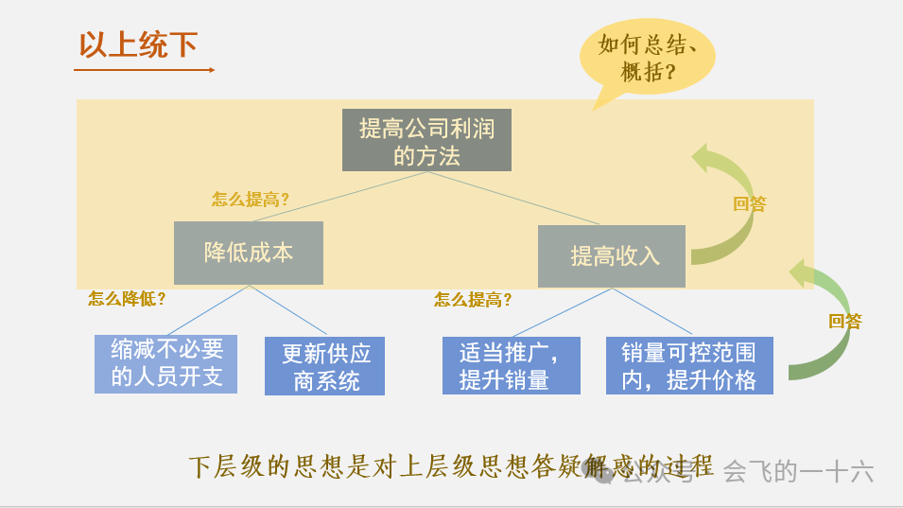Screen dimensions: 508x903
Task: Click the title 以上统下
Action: [137, 44]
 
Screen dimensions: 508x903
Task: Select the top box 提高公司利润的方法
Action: [426, 140]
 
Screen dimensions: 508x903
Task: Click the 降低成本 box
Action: [249, 253]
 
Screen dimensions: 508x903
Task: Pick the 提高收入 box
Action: [612, 255]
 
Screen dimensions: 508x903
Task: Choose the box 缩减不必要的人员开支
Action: [166, 363]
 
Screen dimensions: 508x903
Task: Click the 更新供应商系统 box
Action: [325, 367]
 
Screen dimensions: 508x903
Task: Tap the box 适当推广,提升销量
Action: [512, 365]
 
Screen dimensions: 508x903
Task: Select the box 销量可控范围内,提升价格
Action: [689, 365]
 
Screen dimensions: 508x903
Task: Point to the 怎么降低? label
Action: [127, 299]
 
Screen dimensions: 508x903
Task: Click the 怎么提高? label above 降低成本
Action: [250, 200]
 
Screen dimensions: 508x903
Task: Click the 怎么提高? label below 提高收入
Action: [473, 300]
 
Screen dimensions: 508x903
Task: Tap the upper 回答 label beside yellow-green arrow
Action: [750, 203]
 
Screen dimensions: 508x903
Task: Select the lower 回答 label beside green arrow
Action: [845, 321]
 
